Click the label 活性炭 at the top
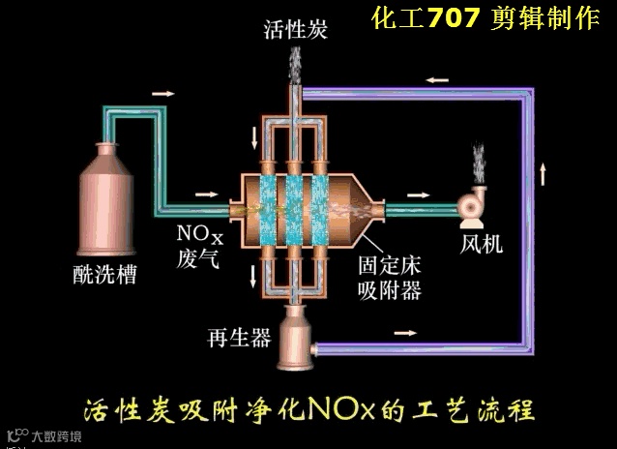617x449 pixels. tap(296, 29)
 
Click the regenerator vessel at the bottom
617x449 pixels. tap(296, 339)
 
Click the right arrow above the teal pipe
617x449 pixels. tap(163, 94)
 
